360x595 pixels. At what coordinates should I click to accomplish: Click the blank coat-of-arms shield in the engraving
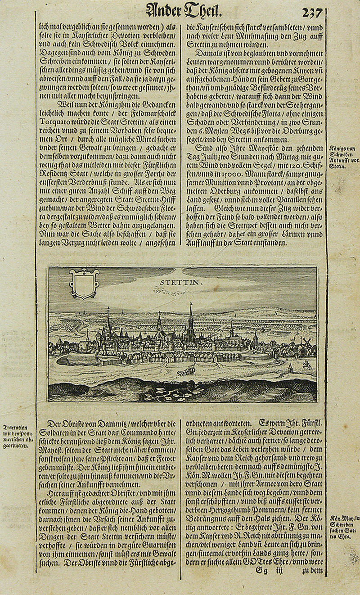point(84,284)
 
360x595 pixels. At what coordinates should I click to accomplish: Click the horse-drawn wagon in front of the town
point(186,372)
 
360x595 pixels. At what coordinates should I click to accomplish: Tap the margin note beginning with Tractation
point(18,437)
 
